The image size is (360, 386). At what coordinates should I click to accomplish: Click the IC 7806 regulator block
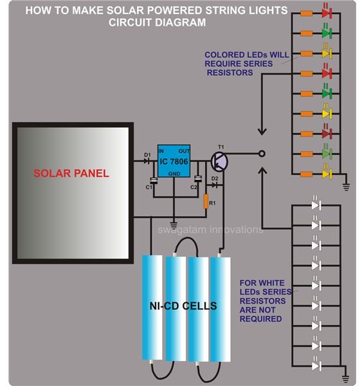tap(174, 161)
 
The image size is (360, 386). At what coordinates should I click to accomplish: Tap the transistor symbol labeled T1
tap(219, 161)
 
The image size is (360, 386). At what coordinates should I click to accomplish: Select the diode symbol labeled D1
tap(147, 161)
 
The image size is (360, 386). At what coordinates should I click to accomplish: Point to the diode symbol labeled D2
tap(215, 185)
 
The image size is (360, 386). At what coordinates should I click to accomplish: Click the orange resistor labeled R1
tap(206, 201)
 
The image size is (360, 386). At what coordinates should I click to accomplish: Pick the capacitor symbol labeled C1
tap(154, 180)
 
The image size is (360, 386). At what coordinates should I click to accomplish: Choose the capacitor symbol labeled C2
tap(198, 179)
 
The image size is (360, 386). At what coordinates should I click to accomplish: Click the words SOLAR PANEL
tap(71, 173)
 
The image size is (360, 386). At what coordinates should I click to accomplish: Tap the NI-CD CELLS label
tap(183, 306)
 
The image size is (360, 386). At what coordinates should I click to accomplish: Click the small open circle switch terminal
tap(262, 154)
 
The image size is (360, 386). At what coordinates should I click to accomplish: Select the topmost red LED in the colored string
tap(327, 13)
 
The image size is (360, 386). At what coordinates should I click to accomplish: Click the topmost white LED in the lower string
tap(316, 205)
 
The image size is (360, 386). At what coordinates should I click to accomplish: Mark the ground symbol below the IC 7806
tap(174, 225)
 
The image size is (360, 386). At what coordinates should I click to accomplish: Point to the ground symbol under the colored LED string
tap(346, 187)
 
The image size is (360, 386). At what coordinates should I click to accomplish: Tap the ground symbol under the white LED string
tap(346, 379)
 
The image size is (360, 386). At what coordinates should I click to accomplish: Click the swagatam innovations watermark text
tap(210, 230)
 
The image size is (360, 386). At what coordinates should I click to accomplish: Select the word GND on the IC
tap(174, 174)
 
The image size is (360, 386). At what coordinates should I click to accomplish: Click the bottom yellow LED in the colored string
tap(327, 174)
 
